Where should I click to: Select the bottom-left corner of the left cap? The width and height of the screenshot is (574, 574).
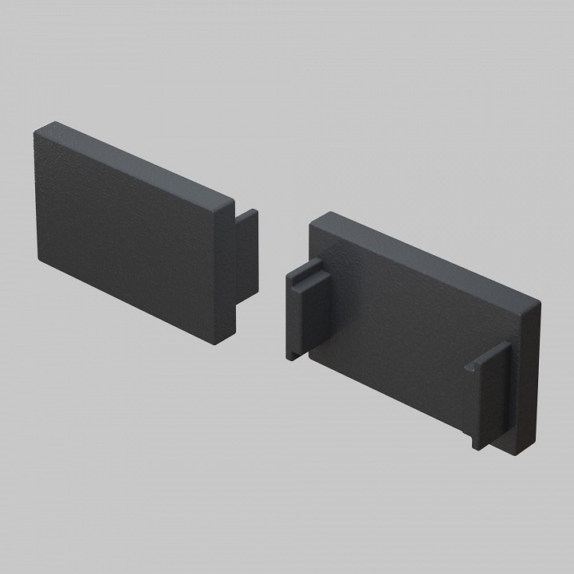[40, 259]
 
